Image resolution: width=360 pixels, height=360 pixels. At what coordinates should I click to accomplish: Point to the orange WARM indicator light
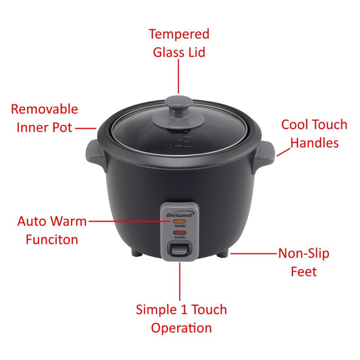tap(180, 222)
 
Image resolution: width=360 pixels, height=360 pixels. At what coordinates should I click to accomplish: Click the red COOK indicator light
tap(180, 233)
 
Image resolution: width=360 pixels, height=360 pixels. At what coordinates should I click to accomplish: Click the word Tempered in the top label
tap(179, 34)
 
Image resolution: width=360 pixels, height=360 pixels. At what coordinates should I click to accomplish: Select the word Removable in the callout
tap(44, 109)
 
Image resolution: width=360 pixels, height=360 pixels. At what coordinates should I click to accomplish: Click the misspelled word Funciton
tap(51, 239)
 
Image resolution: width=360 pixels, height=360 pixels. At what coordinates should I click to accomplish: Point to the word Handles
tap(314, 143)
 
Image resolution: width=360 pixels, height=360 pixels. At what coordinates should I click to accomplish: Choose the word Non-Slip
tap(303, 253)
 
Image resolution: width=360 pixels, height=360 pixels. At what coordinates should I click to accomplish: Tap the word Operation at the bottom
tap(181, 328)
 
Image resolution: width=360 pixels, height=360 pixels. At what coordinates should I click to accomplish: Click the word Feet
tap(304, 271)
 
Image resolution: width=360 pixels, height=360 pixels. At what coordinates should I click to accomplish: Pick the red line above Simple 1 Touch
tap(180, 281)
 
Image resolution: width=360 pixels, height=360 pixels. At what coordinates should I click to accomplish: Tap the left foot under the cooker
tap(137, 254)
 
